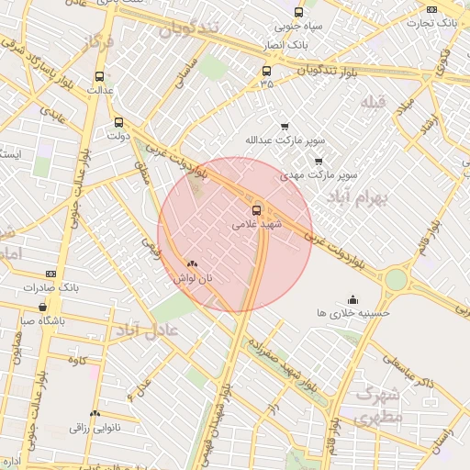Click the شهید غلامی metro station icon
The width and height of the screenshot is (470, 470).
(x=257, y=208)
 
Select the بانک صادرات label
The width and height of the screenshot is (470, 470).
(x=29, y=287)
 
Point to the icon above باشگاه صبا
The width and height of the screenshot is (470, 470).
(x=42, y=307)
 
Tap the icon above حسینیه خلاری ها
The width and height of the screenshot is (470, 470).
(x=353, y=299)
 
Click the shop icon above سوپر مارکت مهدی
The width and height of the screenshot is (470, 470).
(x=319, y=161)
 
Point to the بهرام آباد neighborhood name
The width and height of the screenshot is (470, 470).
(x=359, y=197)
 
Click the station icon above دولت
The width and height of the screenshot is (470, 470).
(x=118, y=122)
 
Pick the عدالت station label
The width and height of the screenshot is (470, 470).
(x=99, y=91)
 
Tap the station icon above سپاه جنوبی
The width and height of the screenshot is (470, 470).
(x=298, y=12)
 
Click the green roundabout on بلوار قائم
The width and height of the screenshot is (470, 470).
(x=396, y=279)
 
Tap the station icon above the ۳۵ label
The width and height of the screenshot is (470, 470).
(x=267, y=71)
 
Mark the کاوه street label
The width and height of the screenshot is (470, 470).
(x=77, y=360)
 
